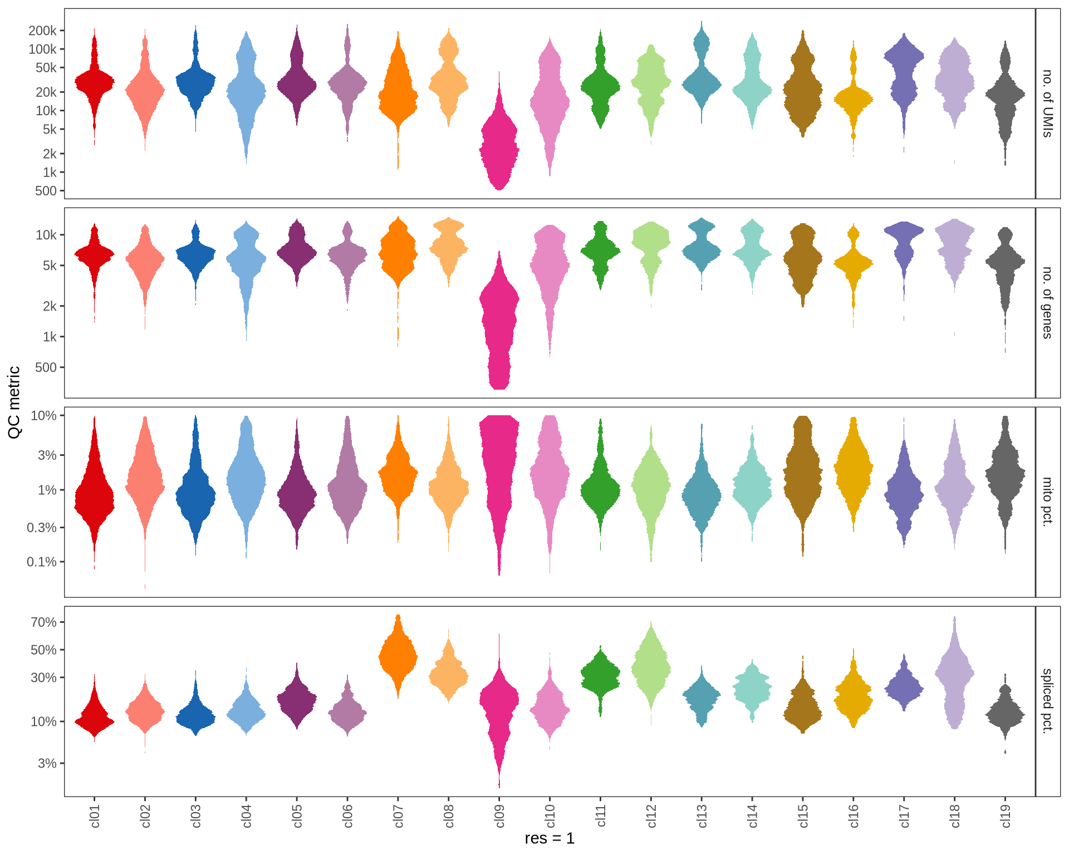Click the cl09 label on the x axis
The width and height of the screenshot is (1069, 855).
coord(499,815)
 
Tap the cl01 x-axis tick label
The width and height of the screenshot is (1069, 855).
coord(95,815)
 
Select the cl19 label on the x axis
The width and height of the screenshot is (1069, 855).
coord(1006,815)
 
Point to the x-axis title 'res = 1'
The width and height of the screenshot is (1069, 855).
coord(550,838)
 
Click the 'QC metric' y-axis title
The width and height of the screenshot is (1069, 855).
coord(14,402)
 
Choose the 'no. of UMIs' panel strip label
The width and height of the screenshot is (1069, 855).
coord(1047,104)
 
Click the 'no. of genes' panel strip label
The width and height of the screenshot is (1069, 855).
coord(1047,303)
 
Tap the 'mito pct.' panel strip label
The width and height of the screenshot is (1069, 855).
coord(1047,502)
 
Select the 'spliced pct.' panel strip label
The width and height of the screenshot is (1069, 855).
coord(1047,701)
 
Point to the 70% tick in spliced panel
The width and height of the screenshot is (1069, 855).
coord(44,622)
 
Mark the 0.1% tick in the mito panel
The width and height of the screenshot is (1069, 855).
coord(42,562)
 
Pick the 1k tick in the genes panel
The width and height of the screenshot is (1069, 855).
coord(50,337)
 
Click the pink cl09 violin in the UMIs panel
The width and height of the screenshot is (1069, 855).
coord(499,150)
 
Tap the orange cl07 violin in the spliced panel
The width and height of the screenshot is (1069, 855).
coord(398,657)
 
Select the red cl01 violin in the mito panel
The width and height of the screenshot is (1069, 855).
coord(95,495)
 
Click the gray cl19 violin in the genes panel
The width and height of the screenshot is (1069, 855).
coord(1006,262)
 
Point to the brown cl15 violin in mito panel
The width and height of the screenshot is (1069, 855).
coord(803,473)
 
